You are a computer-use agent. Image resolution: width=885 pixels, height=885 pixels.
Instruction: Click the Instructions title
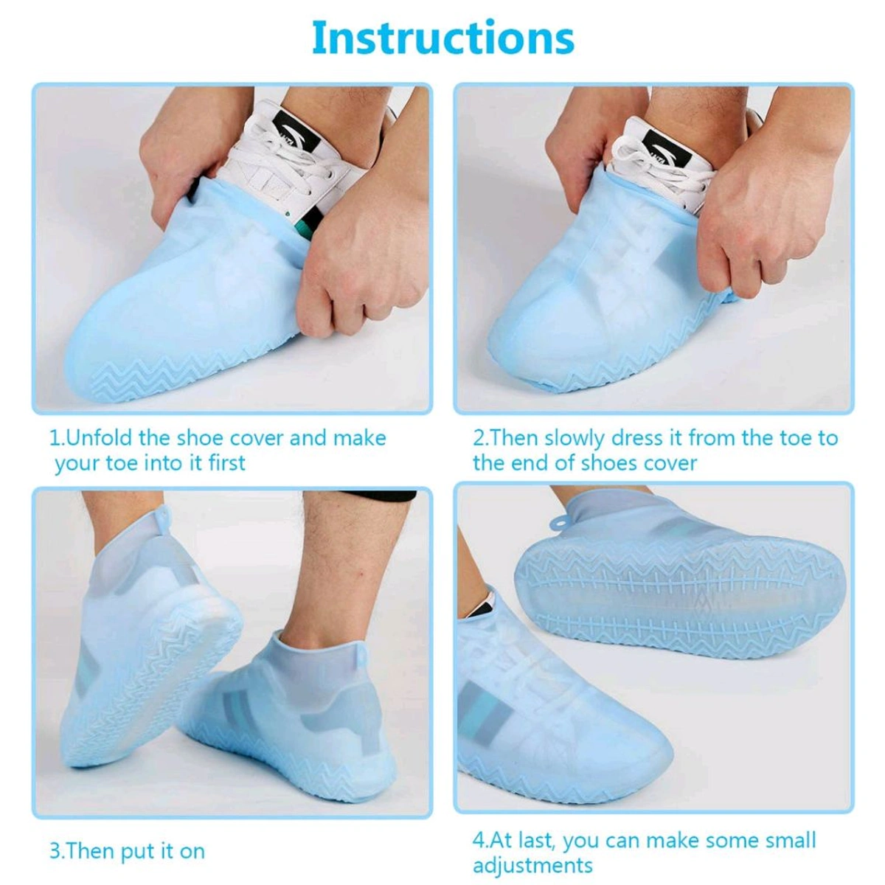point(442,38)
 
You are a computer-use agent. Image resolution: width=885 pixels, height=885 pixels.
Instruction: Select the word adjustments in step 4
point(532,864)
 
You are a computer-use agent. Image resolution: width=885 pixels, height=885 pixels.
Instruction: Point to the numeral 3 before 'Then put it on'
point(55,851)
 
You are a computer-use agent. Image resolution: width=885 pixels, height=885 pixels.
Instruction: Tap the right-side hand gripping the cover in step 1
point(361,258)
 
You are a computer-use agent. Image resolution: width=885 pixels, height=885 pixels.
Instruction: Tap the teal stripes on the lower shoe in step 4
point(487,712)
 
